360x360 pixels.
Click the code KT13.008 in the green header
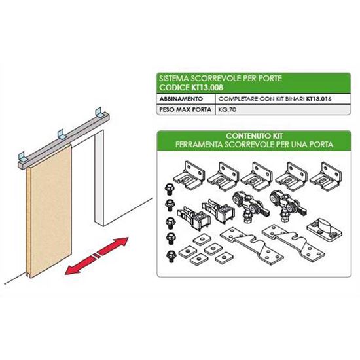coord(207,88)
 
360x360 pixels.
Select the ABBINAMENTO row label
coord(181,99)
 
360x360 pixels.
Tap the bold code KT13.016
coord(319,99)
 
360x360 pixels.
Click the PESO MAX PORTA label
coord(185,109)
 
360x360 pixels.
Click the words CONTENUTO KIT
coord(254,136)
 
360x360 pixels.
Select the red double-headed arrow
coord(96,256)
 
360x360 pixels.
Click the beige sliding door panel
coord(49,210)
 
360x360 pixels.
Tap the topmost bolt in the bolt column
coord(170,189)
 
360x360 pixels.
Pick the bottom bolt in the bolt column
coord(171,256)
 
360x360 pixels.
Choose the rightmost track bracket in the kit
coord(325,174)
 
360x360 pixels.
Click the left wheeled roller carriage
coord(249,207)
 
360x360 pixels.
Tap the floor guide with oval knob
coord(324,228)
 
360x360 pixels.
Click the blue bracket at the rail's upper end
coord(100,111)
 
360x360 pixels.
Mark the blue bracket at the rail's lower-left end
coord(23,156)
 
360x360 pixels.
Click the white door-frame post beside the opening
coord(99,177)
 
